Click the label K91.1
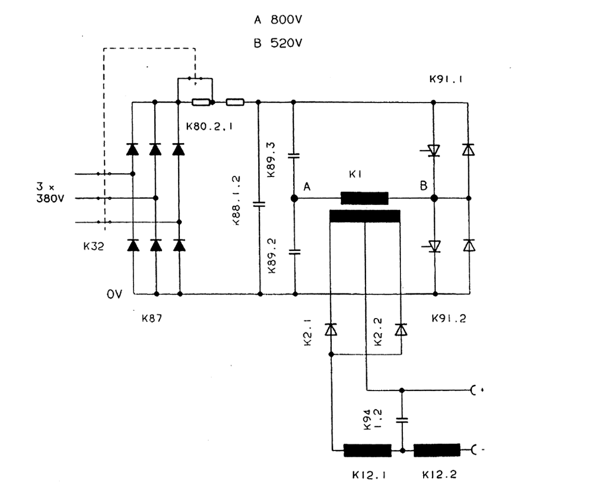tap(446, 79)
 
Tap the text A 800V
tap(278, 20)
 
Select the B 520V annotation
tap(278, 44)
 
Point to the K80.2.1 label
tap(209, 126)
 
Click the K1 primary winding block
tap(364, 198)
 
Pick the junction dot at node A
tap(294, 198)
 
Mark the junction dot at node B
tap(434, 198)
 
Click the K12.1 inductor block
tap(367, 450)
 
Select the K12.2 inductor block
tap(437, 450)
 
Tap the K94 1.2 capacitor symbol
tap(401, 421)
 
